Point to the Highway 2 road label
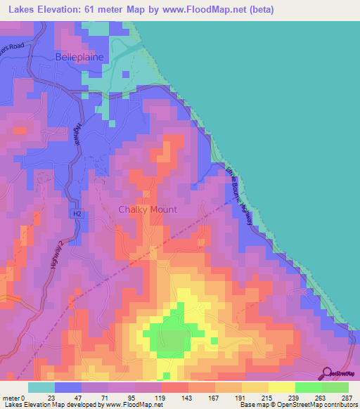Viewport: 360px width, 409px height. [56, 254]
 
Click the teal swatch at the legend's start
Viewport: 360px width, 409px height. [41, 387]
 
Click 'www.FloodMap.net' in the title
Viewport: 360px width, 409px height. [198, 10]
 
